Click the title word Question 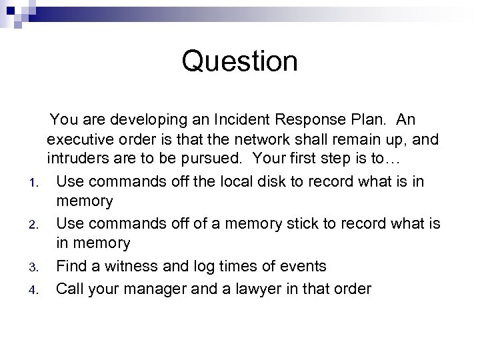point(239,62)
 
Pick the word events point(303,266)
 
